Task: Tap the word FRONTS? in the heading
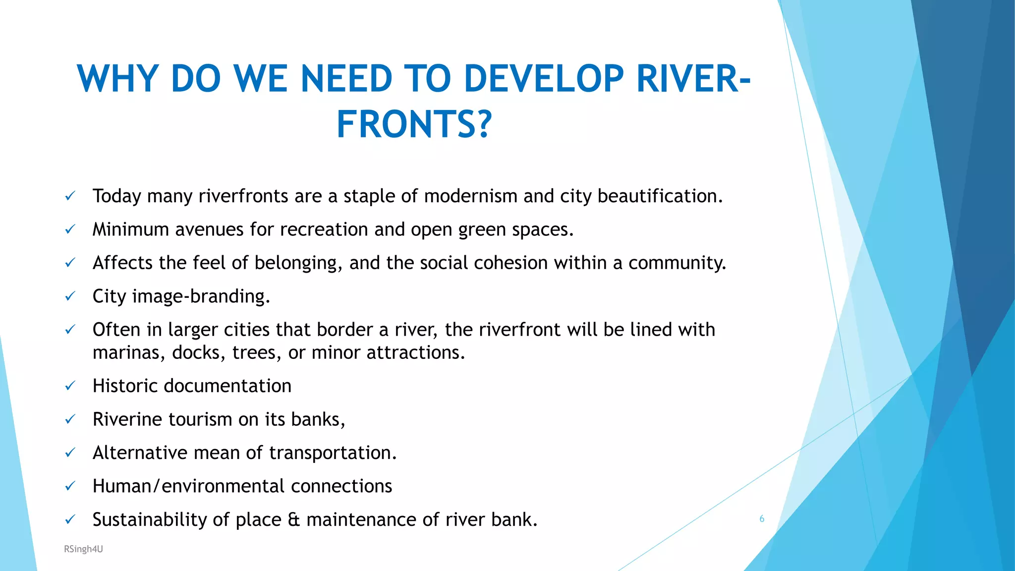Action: (414, 124)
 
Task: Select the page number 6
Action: (762, 519)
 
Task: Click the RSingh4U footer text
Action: (83, 549)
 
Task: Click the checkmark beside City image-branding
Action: (70, 296)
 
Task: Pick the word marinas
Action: (126, 352)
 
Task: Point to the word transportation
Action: (332, 453)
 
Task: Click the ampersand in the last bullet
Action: (293, 519)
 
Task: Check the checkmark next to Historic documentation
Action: (70, 386)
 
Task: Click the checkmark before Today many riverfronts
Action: (70, 196)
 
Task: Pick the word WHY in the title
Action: (118, 79)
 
